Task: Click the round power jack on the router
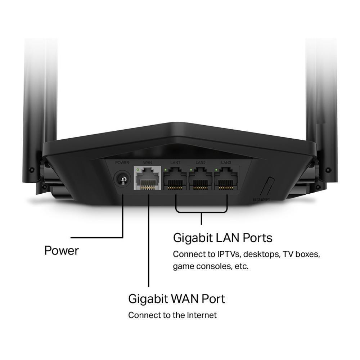coord(122,179)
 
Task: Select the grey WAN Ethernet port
coord(147,178)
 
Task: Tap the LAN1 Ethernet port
coord(175,179)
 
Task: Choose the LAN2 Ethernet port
coord(201,179)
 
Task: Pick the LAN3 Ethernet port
coord(226,179)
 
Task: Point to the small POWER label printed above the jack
coord(122,163)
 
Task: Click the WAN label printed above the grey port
coord(147,163)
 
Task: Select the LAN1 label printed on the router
coord(175,163)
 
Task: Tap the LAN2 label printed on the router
coord(201,163)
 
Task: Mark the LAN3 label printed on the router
coord(226,163)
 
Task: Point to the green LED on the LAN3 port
coord(216,169)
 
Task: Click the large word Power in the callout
coord(62,251)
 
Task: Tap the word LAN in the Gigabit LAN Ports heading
coord(228,238)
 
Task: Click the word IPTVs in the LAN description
coord(229,254)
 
